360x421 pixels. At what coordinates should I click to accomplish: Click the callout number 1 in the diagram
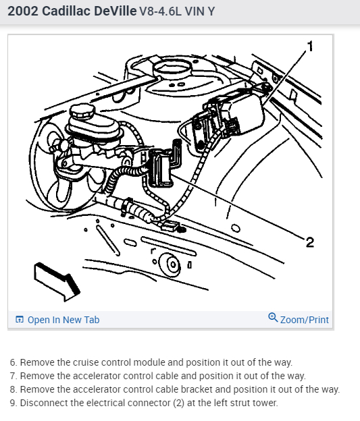point(310,46)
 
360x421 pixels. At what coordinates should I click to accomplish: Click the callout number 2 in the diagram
point(310,242)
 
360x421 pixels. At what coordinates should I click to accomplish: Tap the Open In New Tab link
point(63,320)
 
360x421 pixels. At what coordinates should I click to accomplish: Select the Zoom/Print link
point(305,320)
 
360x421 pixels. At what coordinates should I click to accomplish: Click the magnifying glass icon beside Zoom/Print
point(273,317)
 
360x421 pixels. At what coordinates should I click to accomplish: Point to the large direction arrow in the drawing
point(57,282)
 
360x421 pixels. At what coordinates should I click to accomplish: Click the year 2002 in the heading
point(23,11)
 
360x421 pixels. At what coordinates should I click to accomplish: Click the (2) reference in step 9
point(178,403)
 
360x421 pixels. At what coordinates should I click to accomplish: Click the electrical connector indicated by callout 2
point(161,168)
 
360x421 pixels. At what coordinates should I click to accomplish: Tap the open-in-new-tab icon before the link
point(20,320)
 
